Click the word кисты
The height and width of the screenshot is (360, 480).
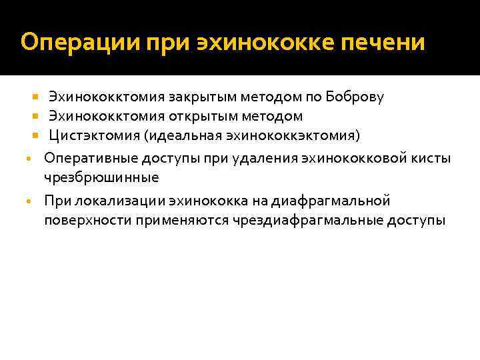pyautogui.click(x=432, y=159)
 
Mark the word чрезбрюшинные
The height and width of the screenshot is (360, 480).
pyautogui.click(x=101, y=177)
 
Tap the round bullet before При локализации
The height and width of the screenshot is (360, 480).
pyautogui.click(x=28, y=201)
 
